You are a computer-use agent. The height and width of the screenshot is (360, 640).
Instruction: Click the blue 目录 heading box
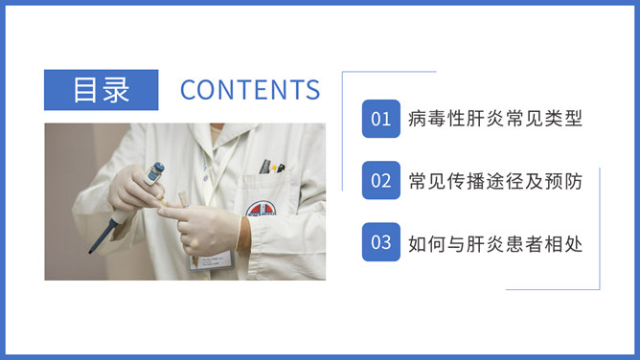101,90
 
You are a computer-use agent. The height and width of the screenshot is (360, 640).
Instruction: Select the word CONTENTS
250,90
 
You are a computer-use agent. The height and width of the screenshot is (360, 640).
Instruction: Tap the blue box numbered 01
380,120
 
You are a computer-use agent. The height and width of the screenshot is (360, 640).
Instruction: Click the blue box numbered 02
380,181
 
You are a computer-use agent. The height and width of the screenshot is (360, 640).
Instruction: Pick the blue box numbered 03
380,242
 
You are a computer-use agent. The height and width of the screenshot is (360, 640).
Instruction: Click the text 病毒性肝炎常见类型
494,120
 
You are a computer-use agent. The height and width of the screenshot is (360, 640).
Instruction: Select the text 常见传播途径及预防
494,181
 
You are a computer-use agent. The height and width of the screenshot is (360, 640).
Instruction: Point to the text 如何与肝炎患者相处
494,242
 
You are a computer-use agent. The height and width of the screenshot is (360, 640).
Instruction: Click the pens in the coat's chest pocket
271,167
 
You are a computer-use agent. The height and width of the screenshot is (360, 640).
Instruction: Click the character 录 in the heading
116,90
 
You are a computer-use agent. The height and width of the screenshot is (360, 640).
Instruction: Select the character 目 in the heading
85,90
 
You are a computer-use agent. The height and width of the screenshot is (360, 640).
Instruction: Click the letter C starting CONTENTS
188,90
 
